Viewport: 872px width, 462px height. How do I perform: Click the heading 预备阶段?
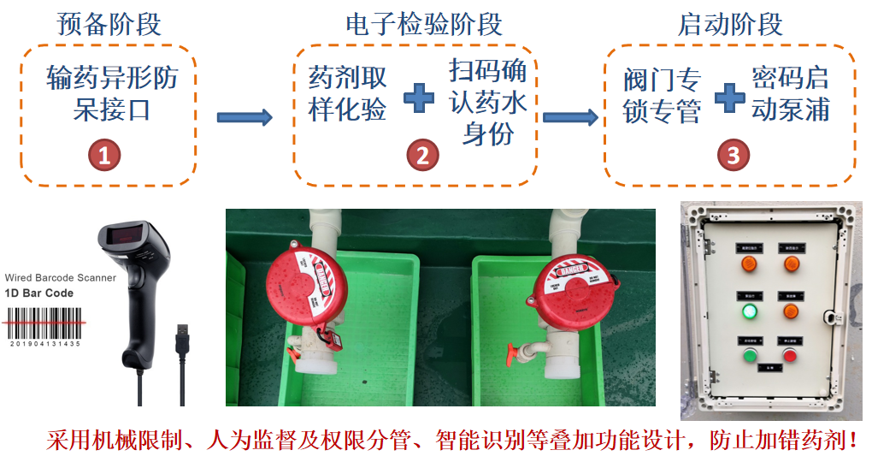pyautogui.click(x=109, y=23)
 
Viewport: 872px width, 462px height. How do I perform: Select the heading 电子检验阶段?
pyautogui.click(x=424, y=23)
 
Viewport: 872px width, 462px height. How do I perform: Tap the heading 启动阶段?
pyautogui.click(x=730, y=23)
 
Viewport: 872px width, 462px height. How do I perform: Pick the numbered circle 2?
pyautogui.click(x=421, y=155)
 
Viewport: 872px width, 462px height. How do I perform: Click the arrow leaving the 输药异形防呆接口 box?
pyautogui.click(x=245, y=117)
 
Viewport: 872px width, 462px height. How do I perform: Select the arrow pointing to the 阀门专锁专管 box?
pyautogui.click(x=569, y=117)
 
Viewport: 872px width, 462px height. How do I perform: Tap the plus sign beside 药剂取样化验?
pyautogui.click(x=419, y=97)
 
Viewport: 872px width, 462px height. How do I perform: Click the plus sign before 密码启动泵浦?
pyautogui.click(x=729, y=97)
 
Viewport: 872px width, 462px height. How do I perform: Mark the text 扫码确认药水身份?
pyautogui.click(x=488, y=103)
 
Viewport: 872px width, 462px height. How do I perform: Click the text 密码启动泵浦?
pyautogui.click(x=790, y=94)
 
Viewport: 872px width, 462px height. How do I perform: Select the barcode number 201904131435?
pyautogui.click(x=44, y=344)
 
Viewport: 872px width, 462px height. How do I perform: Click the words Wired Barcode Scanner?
pyautogui.click(x=60, y=278)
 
